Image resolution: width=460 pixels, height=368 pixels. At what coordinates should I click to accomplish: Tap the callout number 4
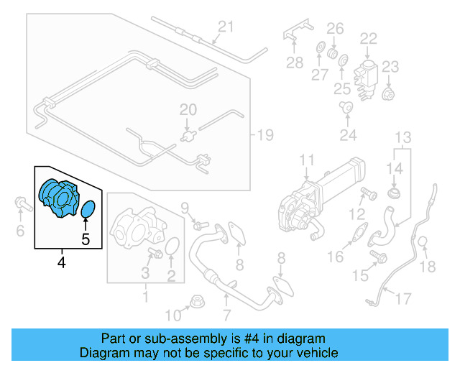point(62,263)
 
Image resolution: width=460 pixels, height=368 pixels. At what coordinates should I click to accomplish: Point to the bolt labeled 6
point(20,206)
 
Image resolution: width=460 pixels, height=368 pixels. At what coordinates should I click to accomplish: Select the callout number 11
point(307,160)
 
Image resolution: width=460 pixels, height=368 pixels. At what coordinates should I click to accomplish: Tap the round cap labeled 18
point(423,243)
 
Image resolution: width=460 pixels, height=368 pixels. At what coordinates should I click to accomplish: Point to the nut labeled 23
point(389,95)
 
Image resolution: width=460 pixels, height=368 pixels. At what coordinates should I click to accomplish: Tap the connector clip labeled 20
point(189,134)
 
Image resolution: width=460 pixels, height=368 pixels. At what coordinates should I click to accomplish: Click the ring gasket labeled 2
point(172,247)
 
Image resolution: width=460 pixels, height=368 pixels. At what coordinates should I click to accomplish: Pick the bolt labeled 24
point(347,108)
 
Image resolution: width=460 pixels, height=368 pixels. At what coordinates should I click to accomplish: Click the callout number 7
point(226,315)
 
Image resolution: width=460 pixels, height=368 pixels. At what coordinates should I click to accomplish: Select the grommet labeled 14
point(394,194)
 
